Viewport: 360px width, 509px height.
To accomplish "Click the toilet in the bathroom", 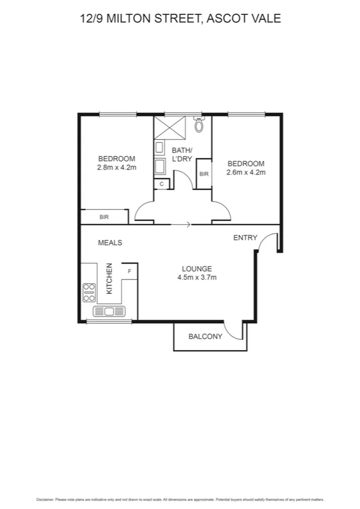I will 199,125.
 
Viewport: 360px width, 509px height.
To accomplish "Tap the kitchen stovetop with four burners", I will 89,292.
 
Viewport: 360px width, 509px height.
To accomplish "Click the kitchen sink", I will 109,311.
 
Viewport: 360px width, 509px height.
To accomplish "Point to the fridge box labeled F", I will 129,272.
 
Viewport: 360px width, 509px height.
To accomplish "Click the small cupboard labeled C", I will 162,184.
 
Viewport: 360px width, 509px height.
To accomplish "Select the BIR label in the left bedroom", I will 104,217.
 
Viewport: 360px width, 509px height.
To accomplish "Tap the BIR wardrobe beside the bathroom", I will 204,174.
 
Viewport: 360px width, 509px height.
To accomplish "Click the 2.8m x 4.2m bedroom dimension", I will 117,168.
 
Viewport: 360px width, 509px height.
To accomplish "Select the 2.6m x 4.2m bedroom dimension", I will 246,173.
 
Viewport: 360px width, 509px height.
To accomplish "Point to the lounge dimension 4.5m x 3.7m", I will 196,278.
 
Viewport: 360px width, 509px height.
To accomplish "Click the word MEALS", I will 110,243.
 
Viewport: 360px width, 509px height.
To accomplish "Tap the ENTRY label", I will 245,238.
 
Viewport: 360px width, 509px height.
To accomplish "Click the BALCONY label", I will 205,337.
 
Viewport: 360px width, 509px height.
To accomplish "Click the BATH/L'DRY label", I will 181,154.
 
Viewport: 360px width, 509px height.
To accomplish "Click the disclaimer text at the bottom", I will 180,498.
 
